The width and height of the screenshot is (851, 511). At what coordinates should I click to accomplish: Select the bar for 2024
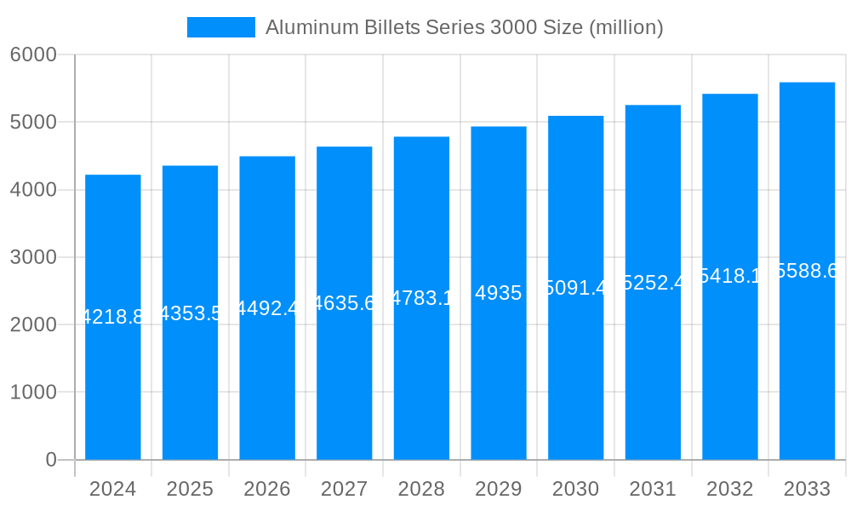point(113,383)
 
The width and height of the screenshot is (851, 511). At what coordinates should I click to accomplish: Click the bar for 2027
point(344,383)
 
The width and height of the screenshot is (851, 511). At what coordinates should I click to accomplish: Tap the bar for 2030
point(575,383)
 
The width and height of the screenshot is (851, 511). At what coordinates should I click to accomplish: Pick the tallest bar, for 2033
point(807,383)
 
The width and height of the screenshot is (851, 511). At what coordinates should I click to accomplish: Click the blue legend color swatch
point(220,27)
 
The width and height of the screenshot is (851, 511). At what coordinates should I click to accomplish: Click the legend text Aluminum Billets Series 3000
point(464,27)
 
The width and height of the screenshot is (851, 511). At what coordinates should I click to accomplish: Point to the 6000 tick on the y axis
point(33,55)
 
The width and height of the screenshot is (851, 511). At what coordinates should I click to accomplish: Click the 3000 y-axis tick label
point(33,257)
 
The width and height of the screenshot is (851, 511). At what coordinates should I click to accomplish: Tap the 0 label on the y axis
point(50,460)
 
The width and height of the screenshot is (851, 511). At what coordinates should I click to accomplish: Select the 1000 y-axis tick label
point(33,393)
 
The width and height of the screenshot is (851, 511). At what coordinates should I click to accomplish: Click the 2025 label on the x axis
point(190,489)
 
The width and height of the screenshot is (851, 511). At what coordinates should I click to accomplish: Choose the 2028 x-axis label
point(421,489)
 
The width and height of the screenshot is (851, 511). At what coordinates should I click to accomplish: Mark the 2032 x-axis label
point(729,489)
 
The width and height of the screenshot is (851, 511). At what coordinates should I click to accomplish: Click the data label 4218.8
point(113,317)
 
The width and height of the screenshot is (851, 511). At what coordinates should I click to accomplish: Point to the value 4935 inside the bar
point(499,293)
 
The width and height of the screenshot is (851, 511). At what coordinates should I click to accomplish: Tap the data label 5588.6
point(807,271)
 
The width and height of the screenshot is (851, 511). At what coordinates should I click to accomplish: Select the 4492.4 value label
point(267,307)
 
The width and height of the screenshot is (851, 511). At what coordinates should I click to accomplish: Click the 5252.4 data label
point(653,282)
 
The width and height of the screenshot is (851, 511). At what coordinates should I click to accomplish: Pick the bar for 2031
point(653,383)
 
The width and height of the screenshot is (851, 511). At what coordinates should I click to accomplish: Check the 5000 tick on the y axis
point(33,122)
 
